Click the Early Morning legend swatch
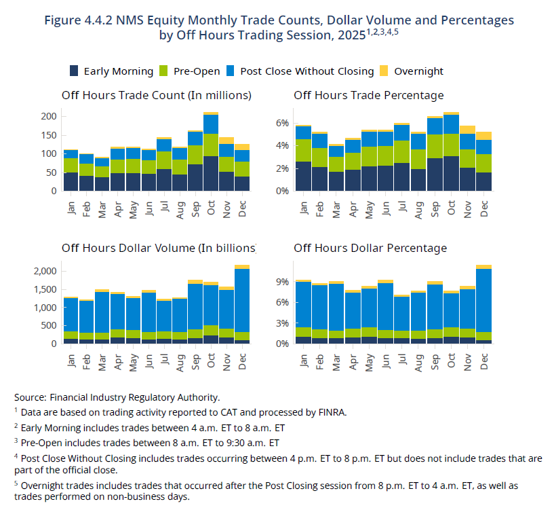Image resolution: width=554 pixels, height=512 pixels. click(x=74, y=71)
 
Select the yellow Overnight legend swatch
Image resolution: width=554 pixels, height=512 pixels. click(x=384, y=71)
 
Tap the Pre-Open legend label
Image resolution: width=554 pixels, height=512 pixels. click(x=197, y=71)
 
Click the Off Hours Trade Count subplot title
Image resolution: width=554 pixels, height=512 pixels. click(x=157, y=95)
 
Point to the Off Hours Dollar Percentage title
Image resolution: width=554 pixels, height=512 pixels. click(x=370, y=248)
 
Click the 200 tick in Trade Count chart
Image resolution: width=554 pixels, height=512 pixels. click(x=49, y=116)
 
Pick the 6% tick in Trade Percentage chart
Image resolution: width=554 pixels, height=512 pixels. click(x=283, y=123)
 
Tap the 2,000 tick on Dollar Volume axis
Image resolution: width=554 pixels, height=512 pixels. click(x=45, y=271)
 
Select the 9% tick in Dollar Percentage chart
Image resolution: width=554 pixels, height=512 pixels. click(x=283, y=282)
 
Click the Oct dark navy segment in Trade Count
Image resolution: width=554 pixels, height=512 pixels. click(x=211, y=173)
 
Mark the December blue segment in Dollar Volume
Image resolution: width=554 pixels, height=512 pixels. click(x=242, y=300)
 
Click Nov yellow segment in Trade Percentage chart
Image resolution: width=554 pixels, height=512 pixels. click(x=467, y=130)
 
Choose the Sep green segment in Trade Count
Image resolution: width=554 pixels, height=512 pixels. click(x=195, y=155)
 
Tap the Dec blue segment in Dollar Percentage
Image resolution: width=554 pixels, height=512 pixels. click(x=483, y=300)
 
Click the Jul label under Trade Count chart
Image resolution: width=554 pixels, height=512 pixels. click(x=164, y=206)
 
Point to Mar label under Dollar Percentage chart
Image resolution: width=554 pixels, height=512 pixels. click(x=336, y=363)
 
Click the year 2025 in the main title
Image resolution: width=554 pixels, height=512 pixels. click(x=351, y=35)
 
